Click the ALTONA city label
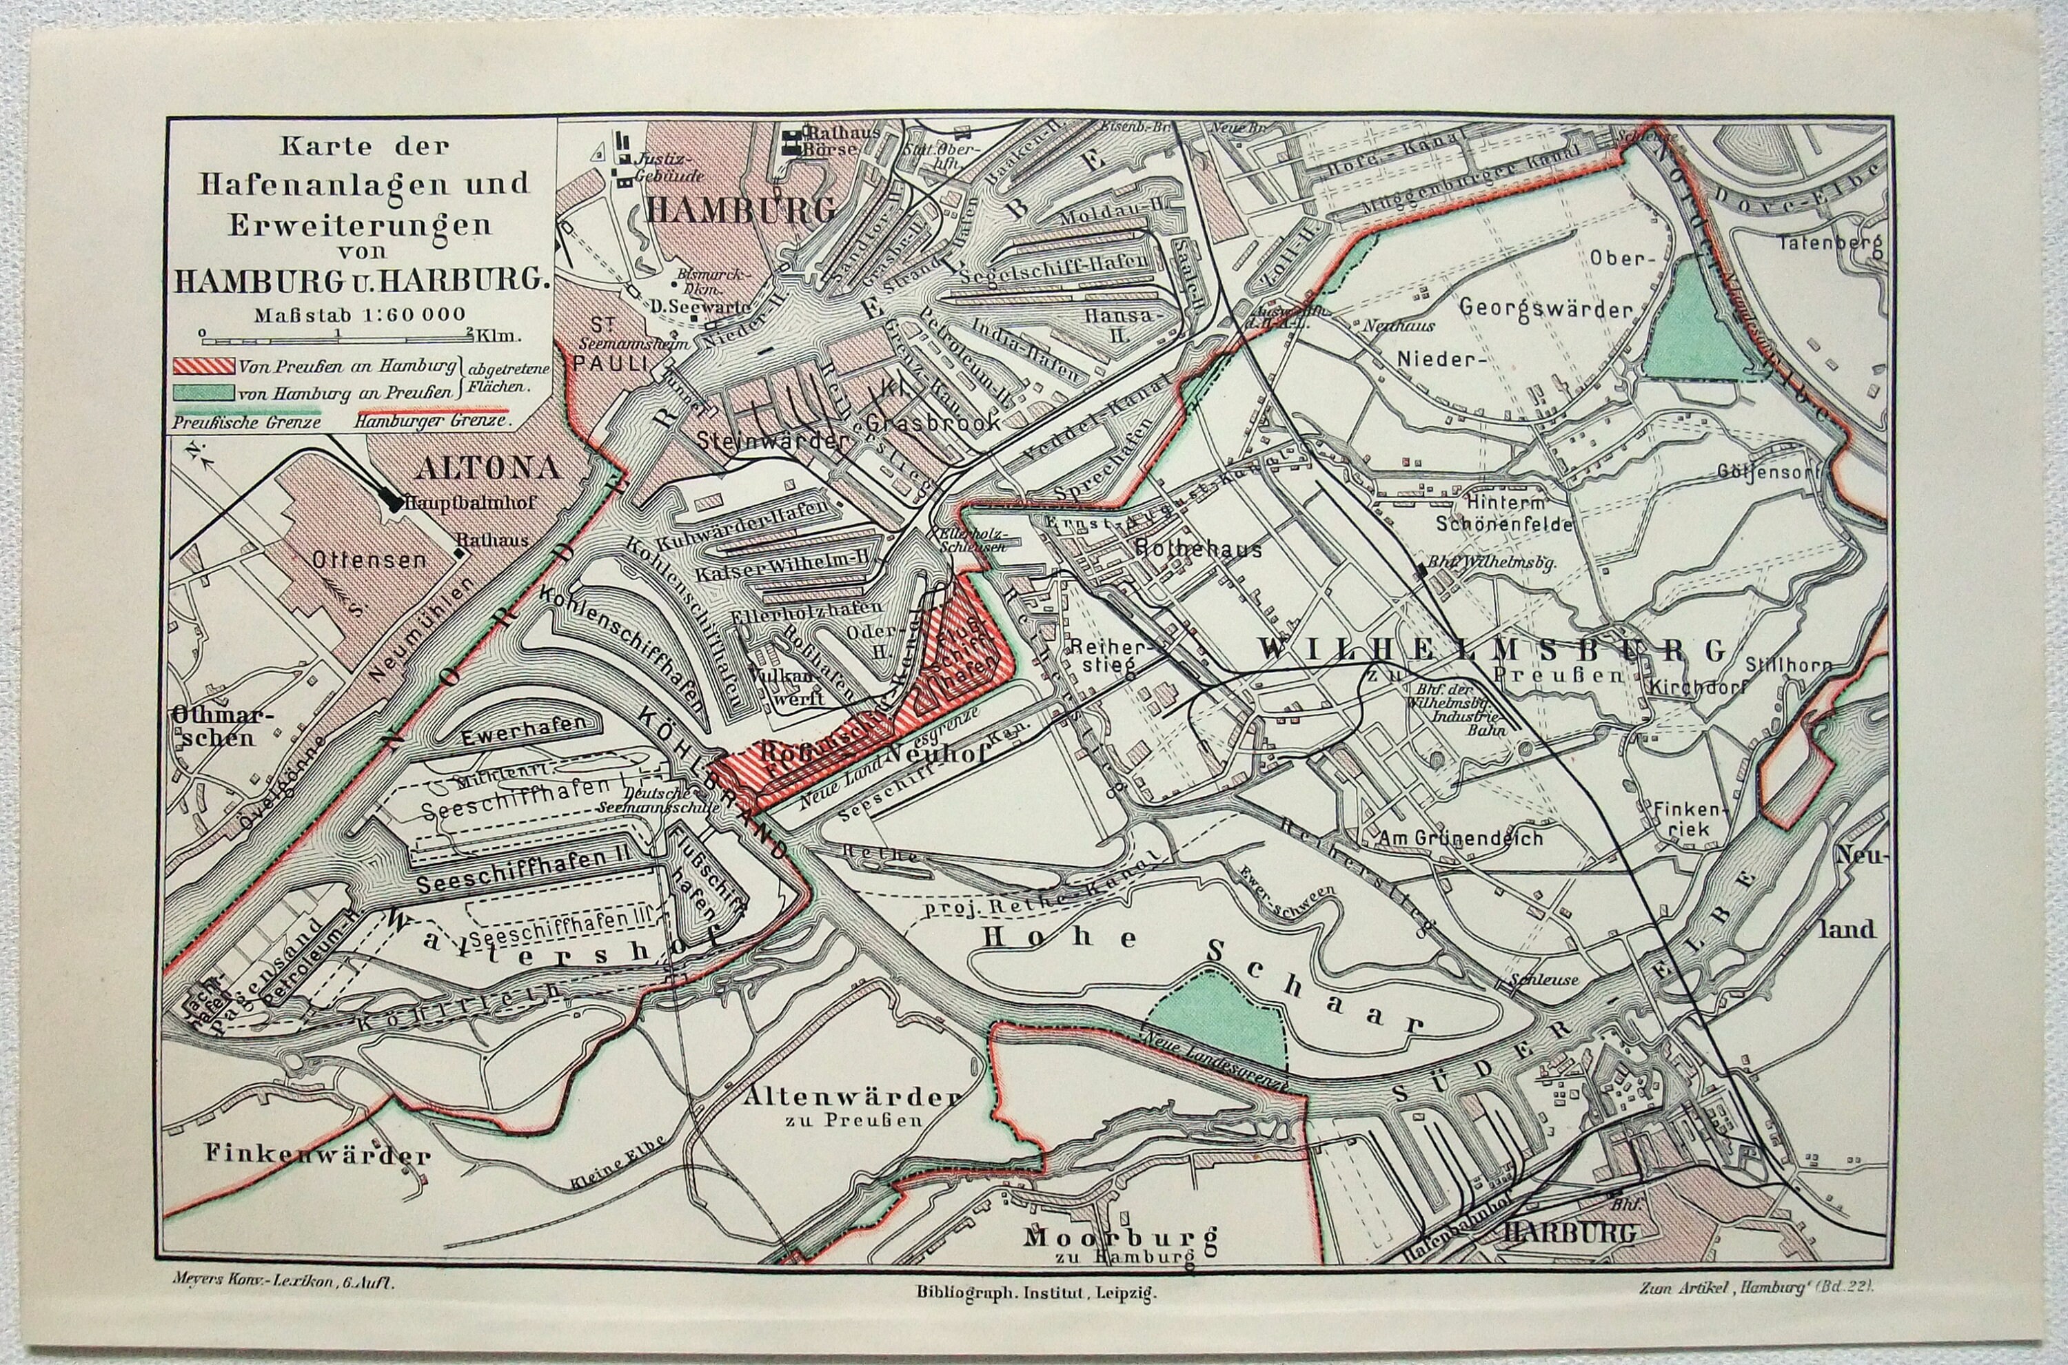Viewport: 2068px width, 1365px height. pos(487,469)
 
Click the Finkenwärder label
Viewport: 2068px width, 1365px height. pos(318,1156)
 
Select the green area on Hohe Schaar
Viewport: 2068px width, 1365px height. pos(1217,1018)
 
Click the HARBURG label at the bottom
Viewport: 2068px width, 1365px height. pos(1568,1232)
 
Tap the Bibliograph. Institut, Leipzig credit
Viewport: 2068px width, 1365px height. pos(1036,1293)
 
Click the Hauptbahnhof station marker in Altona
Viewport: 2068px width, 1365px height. pos(394,502)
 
